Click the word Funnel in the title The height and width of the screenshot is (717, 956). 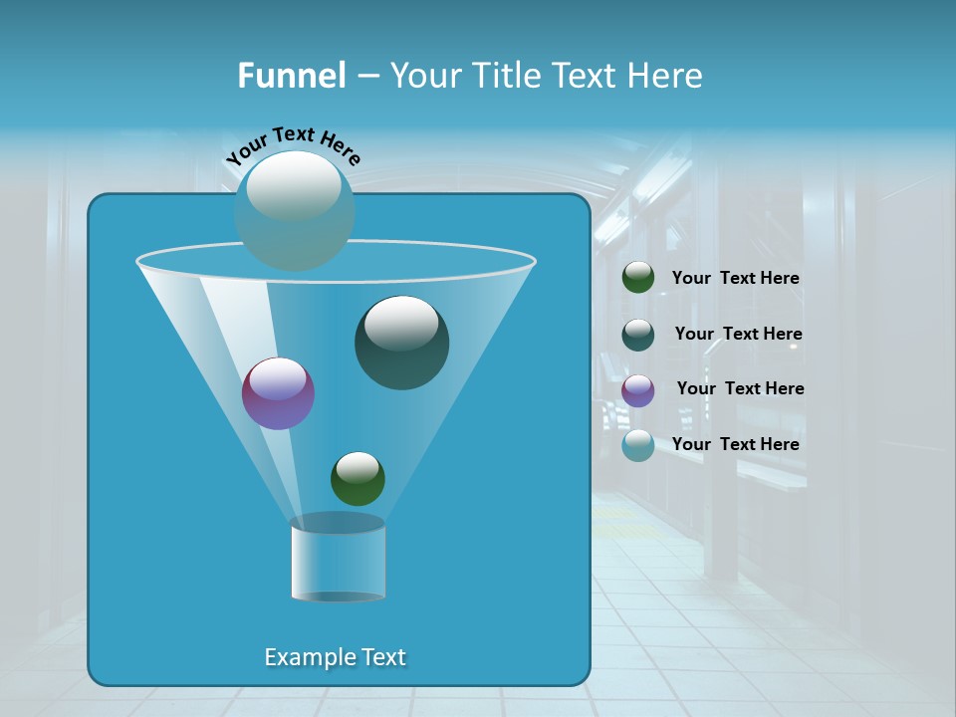click(292, 76)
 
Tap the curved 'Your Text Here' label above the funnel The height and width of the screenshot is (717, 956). click(293, 144)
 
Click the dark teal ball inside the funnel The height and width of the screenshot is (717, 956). click(401, 344)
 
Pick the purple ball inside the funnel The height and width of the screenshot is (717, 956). click(278, 393)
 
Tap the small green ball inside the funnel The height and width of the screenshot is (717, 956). click(358, 479)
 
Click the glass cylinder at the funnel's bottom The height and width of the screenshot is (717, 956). click(338, 559)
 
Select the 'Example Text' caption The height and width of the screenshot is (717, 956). click(335, 657)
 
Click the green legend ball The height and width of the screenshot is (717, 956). click(638, 278)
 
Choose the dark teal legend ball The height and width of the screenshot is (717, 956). click(638, 334)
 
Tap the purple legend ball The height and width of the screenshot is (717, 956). click(638, 389)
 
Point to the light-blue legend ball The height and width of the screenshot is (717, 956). click(638, 445)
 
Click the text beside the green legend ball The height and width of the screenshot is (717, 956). click(735, 279)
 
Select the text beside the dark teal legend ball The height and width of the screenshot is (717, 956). click(738, 335)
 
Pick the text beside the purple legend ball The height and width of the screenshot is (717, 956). click(740, 389)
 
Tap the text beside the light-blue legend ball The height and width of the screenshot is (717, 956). click(735, 445)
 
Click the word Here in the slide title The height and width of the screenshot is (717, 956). click(666, 76)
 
